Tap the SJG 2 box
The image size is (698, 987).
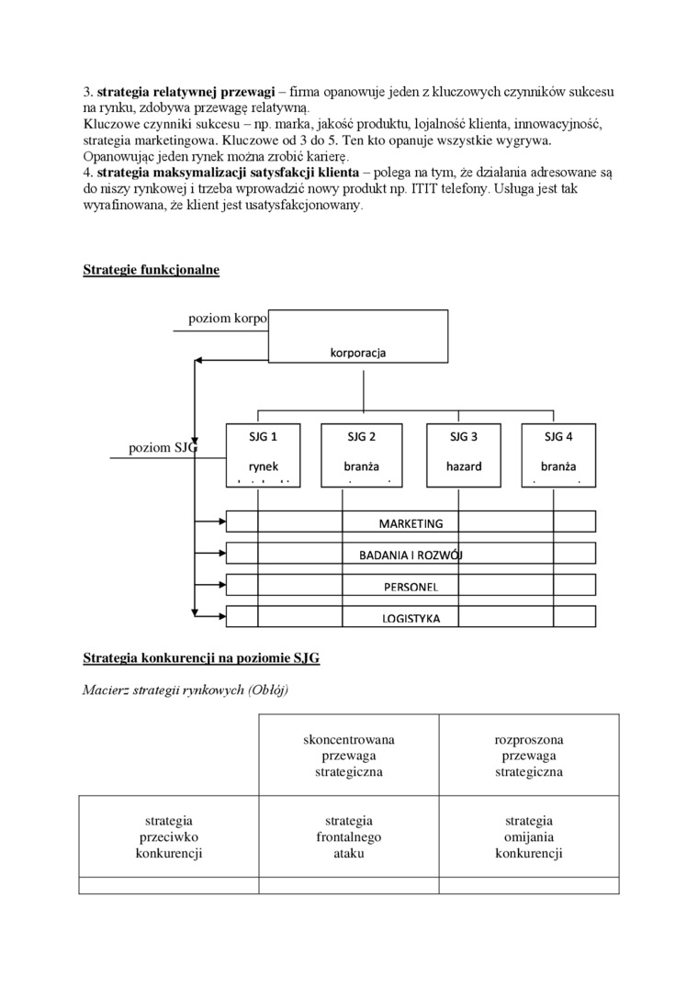pos(361,454)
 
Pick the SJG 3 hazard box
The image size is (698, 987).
pos(464,454)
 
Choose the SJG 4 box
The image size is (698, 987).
pos(558,454)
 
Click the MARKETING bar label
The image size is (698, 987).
pos(411,523)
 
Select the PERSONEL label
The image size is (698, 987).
pos(411,587)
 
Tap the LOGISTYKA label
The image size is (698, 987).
pos(411,618)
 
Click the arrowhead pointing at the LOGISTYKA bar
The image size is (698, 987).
pos(221,616)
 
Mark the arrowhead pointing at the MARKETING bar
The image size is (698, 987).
pos(221,522)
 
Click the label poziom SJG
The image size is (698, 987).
pos(163,448)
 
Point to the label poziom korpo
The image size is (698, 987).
pos(228,319)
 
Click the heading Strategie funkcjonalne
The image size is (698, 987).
pos(151,270)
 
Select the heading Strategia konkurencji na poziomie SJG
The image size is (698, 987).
pos(201,658)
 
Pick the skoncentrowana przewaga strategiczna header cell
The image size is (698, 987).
pos(348,756)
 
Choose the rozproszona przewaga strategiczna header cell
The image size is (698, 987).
pos(529,756)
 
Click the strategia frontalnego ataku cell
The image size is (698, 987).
pos(348,836)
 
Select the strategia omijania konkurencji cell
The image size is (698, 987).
pos(529,836)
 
